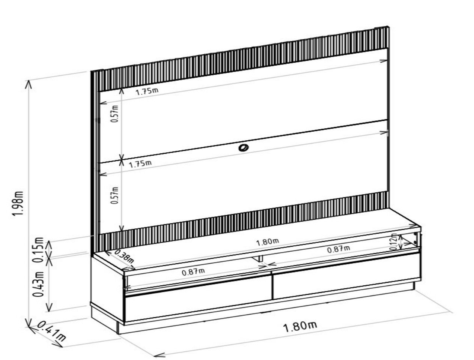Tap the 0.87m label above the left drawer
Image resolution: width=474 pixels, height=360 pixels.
[193, 272]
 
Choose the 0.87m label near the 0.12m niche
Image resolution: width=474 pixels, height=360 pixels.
[339, 249]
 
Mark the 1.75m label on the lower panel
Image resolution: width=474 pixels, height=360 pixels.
[140, 164]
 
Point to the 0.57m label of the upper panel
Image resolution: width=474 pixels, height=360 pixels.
[115, 114]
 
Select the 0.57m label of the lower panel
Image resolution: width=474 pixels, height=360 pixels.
[115, 195]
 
